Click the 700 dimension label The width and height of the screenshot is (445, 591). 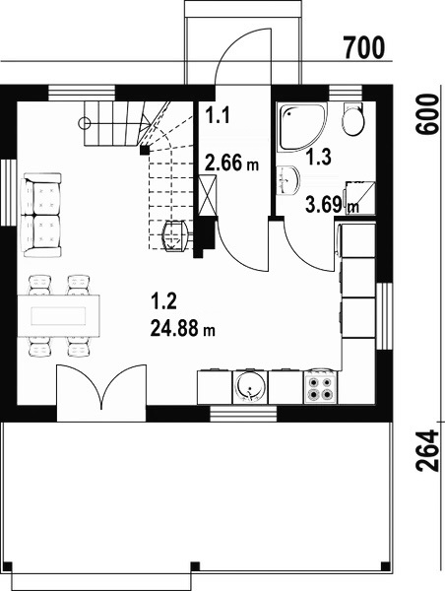[364, 47]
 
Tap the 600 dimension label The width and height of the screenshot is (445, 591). [427, 114]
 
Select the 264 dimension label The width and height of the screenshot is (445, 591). [427, 451]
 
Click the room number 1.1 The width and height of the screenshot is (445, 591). [218, 114]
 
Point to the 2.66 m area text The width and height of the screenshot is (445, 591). [231, 164]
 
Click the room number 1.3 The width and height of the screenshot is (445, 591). [318, 157]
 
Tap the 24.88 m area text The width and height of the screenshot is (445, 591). [183, 328]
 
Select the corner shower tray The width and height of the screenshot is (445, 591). [301, 127]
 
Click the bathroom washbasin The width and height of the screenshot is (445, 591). [288, 180]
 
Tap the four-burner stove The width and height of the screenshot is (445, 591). [321, 388]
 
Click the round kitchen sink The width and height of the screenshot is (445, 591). [249, 387]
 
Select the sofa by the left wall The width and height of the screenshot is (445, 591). [41, 215]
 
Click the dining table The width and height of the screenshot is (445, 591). [58, 316]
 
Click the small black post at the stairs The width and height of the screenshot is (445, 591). [145, 151]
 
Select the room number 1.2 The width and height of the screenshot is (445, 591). [163, 302]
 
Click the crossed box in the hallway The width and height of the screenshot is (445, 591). [208, 196]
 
